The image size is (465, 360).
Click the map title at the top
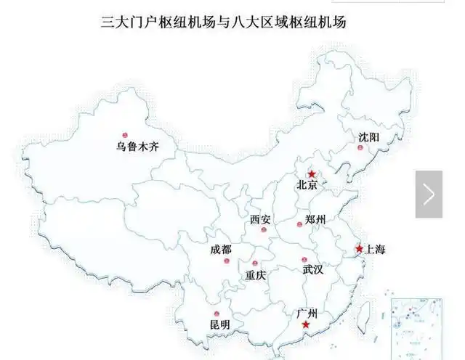click(223, 22)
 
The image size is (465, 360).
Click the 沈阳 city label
click(368, 137)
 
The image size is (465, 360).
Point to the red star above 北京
click(312, 174)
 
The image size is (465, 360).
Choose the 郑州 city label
click(315, 219)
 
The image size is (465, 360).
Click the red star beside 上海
click(359, 249)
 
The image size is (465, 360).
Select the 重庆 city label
click(256, 275)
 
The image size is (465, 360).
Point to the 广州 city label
click(307, 314)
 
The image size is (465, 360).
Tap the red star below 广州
click(306, 325)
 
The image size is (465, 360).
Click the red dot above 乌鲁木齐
click(125, 135)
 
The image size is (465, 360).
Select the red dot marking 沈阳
click(358, 147)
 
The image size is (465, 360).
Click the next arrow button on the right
click(429, 194)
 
